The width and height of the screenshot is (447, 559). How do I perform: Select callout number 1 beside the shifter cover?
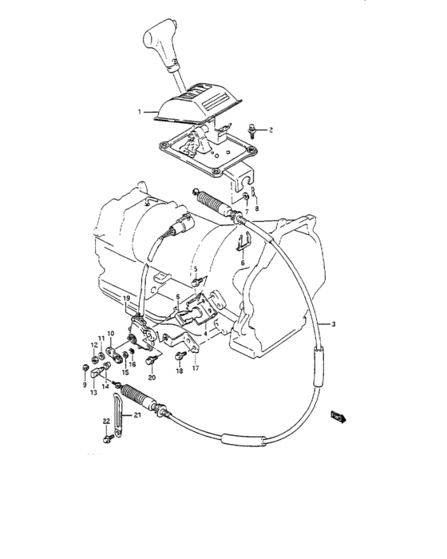140,113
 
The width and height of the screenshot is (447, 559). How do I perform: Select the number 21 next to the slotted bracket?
136,415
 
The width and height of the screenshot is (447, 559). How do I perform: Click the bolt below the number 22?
107,438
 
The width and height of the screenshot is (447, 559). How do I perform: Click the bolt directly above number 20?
150,362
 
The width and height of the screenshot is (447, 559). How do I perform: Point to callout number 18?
180,371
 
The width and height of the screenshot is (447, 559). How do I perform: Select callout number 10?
111,334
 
